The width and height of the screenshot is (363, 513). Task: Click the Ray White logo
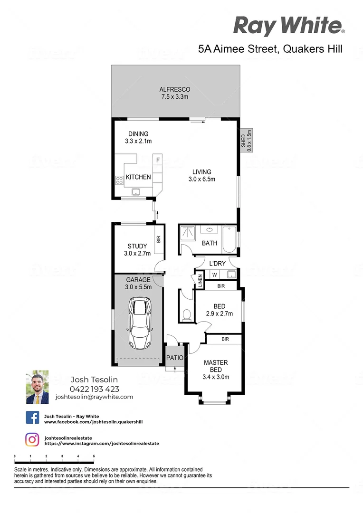(x=289, y=26)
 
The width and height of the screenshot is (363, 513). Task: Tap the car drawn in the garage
(x=139, y=323)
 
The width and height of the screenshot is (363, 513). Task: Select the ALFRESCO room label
(x=175, y=89)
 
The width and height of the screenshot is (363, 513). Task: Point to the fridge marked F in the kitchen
(x=158, y=160)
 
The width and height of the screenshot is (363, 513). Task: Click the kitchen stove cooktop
(x=119, y=180)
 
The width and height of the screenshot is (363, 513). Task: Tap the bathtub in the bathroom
(x=229, y=239)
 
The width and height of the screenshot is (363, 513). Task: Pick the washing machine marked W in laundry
(x=214, y=275)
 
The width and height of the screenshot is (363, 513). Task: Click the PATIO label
(x=174, y=358)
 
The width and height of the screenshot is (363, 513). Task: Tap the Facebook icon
(x=32, y=418)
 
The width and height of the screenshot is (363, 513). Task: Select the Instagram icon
(x=32, y=440)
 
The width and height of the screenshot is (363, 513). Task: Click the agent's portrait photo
(x=37, y=387)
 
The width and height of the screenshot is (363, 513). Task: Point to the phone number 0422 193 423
(x=94, y=389)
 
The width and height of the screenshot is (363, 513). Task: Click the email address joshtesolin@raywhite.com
(x=94, y=397)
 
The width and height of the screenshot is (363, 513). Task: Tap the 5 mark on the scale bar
(x=94, y=456)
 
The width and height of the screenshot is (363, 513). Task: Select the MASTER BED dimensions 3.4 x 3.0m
(x=216, y=377)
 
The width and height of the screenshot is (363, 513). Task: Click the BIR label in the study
(x=158, y=239)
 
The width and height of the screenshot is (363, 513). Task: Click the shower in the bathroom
(x=188, y=233)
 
